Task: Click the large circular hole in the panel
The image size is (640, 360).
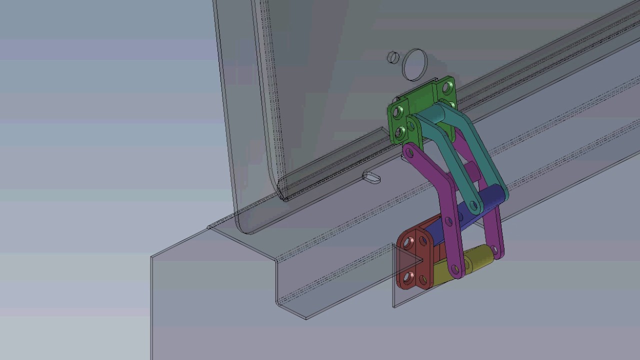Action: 414,64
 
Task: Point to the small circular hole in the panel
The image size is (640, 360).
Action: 393,57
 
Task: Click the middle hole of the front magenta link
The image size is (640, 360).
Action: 448,220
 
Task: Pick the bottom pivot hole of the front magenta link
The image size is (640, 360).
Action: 455,270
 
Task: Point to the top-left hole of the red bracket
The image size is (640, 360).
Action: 408,244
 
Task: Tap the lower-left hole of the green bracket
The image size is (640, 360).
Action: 399,132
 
